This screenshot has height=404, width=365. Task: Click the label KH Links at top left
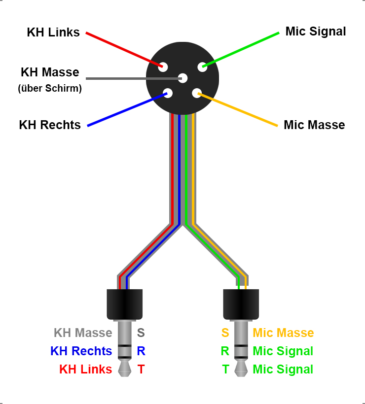click(x=53, y=33)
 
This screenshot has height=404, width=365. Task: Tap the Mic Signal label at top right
click(x=316, y=32)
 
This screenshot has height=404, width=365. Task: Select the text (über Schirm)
click(x=50, y=89)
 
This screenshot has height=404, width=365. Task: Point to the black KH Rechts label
click(x=50, y=125)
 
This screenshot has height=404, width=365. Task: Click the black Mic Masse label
click(x=314, y=125)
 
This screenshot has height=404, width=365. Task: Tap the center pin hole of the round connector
click(x=183, y=78)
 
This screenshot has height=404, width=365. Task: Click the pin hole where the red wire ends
click(x=163, y=67)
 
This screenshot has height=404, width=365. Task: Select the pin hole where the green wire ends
click(x=202, y=67)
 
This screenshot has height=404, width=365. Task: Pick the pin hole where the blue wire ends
click(x=168, y=93)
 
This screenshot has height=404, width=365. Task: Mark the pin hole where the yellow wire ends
click(x=197, y=93)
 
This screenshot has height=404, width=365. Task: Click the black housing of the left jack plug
click(x=125, y=303)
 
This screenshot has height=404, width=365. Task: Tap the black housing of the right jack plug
click(x=241, y=303)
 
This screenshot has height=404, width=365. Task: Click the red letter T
click(x=141, y=370)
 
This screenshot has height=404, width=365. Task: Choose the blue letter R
click(x=141, y=351)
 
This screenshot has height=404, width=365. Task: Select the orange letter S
click(x=225, y=333)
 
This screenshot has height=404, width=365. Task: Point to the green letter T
click(x=225, y=370)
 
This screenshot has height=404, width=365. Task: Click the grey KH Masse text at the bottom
click(x=83, y=333)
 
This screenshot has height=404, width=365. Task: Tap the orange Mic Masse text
click(x=283, y=333)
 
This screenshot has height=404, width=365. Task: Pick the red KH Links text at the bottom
click(x=85, y=370)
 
